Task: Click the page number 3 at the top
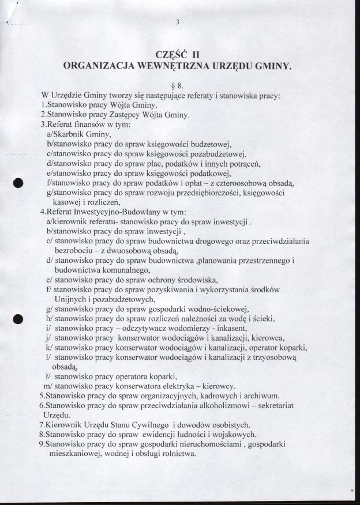(x=179, y=22)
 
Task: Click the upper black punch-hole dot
(x=18, y=183)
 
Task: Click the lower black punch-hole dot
(x=18, y=319)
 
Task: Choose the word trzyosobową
(x=271, y=358)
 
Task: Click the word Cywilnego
(x=145, y=425)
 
